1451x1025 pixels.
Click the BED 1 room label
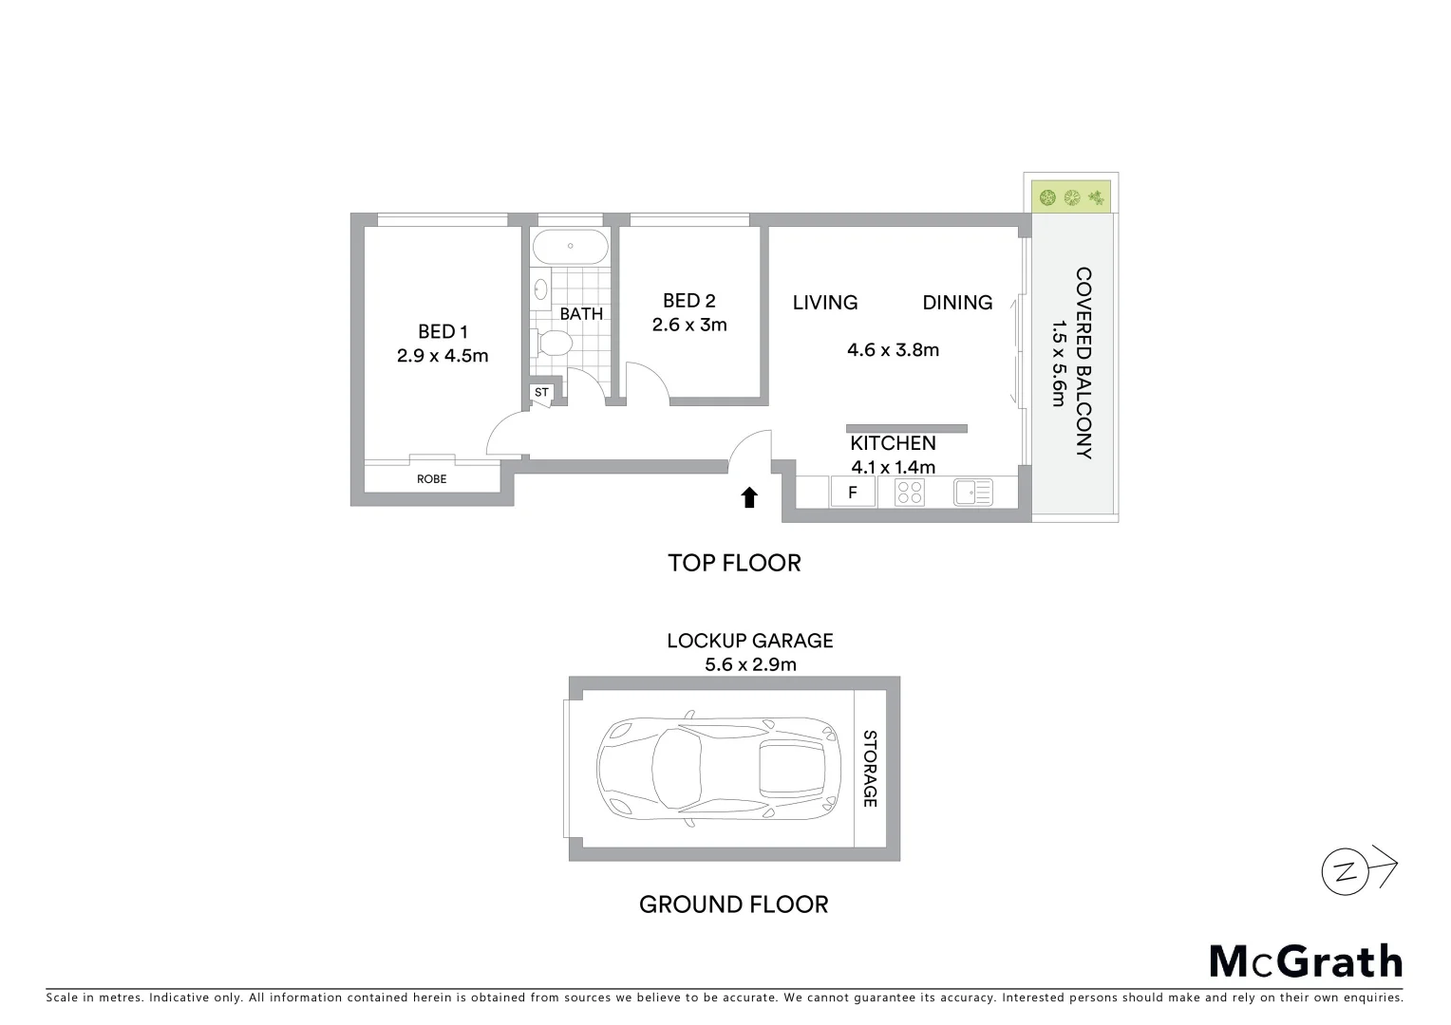click(x=443, y=331)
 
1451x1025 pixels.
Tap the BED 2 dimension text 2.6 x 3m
click(x=688, y=325)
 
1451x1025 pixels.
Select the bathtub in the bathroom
click(x=570, y=247)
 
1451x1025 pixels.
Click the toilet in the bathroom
click(x=554, y=342)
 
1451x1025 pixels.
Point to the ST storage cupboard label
click(x=541, y=392)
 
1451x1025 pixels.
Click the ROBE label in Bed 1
click(x=431, y=479)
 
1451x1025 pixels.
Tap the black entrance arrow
click(x=749, y=497)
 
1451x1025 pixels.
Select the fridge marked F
click(x=853, y=492)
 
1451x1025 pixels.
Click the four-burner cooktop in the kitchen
click(x=910, y=492)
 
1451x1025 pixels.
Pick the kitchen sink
click(x=972, y=492)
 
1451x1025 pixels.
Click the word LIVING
click(x=824, y=302)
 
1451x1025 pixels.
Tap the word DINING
click(x=957, y=302)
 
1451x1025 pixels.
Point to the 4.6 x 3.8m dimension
click(x=893, y=349)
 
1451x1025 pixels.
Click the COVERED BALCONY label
click(x=1084, y=363)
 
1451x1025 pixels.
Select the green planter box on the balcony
click(x=1071, y=197)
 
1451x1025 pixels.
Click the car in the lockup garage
click(x=718, y=769)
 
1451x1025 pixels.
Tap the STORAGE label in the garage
click(x=868, y=769)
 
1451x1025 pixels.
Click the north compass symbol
click(x=1347, y=871)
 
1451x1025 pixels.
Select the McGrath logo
click(x=1306, y=961)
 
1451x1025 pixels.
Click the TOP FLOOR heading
click(x=734, y=563)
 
